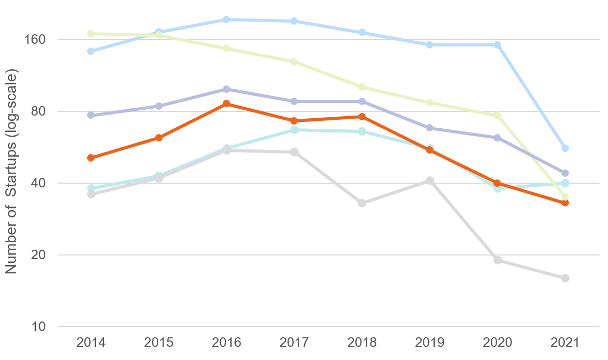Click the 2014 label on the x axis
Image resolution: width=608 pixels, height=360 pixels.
[x=91, y=342]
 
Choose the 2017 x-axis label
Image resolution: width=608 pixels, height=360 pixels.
[x=294, y=342]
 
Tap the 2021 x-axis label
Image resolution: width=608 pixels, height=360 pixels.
[x=565, y=342]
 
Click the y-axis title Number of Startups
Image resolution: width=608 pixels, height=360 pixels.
[x=12, y=172]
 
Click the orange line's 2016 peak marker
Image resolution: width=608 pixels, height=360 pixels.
[x=226, y=103]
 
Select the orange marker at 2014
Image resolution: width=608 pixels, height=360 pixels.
[x=91, y=158]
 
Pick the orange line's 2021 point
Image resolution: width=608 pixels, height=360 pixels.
[x=565, y=203]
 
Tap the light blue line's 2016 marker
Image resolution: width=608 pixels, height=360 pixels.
[x=226, y=20]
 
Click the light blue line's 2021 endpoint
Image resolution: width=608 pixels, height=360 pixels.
[x=565, y=148]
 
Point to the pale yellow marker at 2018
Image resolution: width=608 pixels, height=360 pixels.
[x=362, y=87]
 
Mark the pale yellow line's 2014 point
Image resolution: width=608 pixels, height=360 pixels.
[x=91, y=34]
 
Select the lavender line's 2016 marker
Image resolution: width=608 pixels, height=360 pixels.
[x=226, y=89]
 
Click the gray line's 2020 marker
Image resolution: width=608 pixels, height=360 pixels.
[x=498, y=260]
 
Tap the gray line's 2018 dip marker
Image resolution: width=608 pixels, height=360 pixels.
[x=362, y=203]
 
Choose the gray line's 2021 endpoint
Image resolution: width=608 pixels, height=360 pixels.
[x=565, y=278]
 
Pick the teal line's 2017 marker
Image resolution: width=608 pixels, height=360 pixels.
[x=294, y=130]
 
